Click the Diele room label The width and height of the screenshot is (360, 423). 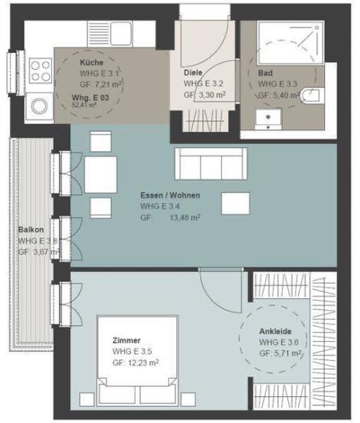pos(192,72)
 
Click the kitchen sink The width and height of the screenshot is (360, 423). pos(123,33)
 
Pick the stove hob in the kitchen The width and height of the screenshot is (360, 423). pos(38,107)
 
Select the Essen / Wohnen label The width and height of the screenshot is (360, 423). pos(169,195)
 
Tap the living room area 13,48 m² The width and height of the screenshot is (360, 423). pos(184,218)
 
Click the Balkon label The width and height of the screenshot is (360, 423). pos(31,229)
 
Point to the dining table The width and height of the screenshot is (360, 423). pos(100,175)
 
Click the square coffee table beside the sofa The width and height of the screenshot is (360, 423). pos(234,202)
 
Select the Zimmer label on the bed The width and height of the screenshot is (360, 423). pos(126,340)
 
